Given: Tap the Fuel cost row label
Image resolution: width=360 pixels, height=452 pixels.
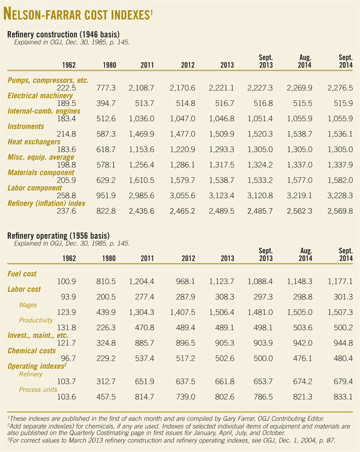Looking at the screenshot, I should tap(23, 274).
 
